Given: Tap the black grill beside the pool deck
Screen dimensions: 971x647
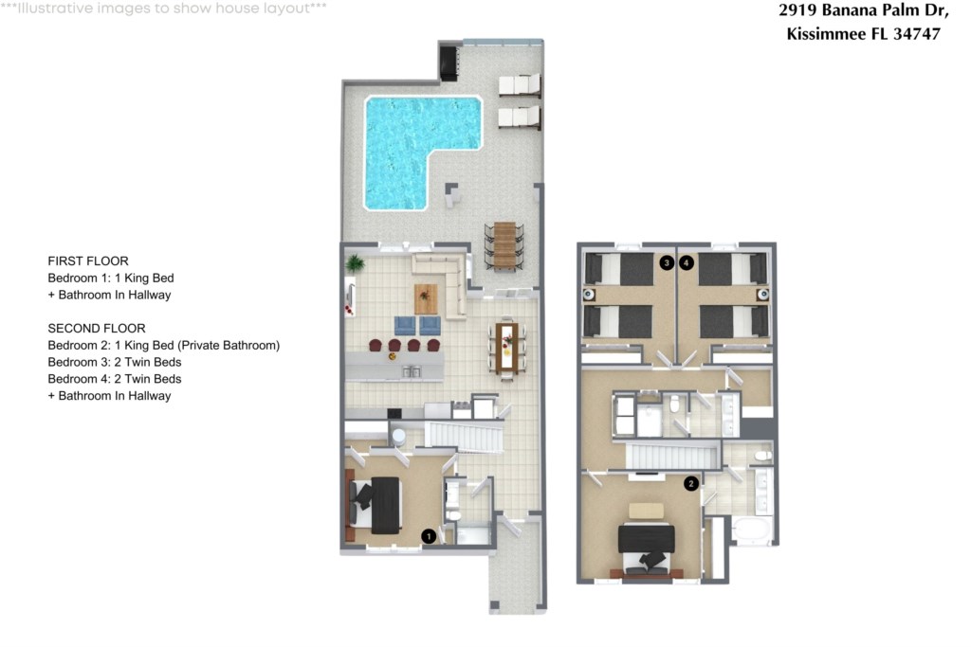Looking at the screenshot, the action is pos(449,62).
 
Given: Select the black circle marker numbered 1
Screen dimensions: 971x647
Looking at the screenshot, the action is pos(429,535).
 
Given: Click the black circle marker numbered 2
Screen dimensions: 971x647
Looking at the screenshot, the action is pos(691,484).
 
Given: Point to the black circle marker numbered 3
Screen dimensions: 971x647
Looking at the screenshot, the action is pos(667,263).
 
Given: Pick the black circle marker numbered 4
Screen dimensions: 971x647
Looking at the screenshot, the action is pos(687,263).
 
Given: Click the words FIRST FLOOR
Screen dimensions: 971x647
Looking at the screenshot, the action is pos(88,261).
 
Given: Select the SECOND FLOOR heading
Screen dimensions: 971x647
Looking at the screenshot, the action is pos(97,329).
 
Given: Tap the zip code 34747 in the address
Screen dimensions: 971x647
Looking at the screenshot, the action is pos(917,34).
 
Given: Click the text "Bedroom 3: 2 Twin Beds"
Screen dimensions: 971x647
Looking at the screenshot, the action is pos(115,362).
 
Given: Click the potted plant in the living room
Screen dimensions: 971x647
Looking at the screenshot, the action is pos(355,264).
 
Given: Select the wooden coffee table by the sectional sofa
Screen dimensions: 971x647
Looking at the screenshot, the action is pos(426,298).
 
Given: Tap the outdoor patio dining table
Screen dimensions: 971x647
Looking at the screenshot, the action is pos(504,245).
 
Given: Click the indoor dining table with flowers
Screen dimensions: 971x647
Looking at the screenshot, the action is pos(507,349).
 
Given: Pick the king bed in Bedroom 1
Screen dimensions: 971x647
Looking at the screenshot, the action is pos(375,505).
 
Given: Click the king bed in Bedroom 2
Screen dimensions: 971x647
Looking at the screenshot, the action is pos(647,548).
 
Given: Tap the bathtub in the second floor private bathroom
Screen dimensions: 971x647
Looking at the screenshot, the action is pos(751,531).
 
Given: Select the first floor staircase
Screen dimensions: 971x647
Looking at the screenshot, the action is pos(464,436).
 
